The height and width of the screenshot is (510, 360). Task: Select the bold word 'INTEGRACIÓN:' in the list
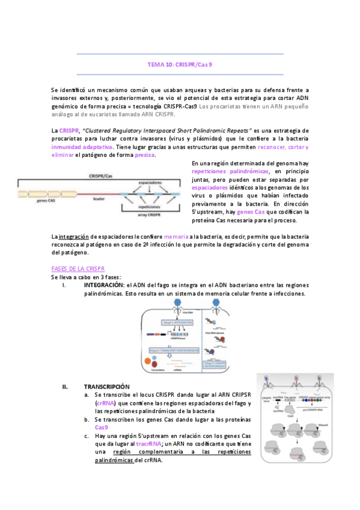pyautogui.click(x=104, y=284)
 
